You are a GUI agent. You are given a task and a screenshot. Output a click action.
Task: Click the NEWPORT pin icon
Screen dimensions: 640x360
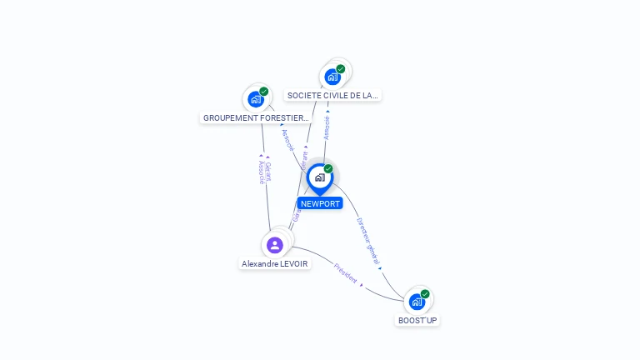(319, 177)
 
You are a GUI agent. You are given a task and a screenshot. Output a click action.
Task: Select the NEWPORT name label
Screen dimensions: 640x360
(320, 203)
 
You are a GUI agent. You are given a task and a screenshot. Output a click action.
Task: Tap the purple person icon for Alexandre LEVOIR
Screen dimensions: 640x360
(275, 245)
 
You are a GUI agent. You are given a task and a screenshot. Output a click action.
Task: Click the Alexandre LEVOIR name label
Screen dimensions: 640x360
(275, 264)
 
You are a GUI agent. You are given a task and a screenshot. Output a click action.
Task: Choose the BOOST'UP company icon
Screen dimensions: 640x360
(417, 301)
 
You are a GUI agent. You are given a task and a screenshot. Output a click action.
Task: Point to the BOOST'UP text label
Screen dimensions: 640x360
(417, 320)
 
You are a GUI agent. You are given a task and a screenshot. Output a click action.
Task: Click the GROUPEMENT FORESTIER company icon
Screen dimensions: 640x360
(256, 99)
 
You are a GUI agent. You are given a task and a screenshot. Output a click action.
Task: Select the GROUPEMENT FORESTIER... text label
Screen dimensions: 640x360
(256, 118)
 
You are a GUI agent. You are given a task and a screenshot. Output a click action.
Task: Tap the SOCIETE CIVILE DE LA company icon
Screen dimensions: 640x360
(332, 77)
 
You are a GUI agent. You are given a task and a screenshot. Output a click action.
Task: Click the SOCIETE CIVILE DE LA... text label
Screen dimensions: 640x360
(332, 96)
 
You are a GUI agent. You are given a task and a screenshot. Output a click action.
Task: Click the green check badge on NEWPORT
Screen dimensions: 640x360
(328, 168)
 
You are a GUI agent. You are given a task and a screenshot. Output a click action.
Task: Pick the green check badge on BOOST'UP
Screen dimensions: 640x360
(425, 293)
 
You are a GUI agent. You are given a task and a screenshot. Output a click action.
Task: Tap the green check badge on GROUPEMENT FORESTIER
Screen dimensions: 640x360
(264, 91)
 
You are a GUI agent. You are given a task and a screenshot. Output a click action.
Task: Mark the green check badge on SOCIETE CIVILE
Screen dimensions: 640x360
(341, 68)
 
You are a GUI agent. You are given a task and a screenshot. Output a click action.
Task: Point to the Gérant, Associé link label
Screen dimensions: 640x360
(263, 172)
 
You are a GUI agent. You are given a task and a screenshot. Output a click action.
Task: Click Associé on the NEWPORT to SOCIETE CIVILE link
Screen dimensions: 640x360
(327, 127)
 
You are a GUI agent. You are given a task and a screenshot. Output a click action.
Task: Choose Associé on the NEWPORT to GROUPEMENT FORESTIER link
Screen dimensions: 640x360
(288, 140)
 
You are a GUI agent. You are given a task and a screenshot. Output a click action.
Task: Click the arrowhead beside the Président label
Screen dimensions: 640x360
(361, 284)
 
